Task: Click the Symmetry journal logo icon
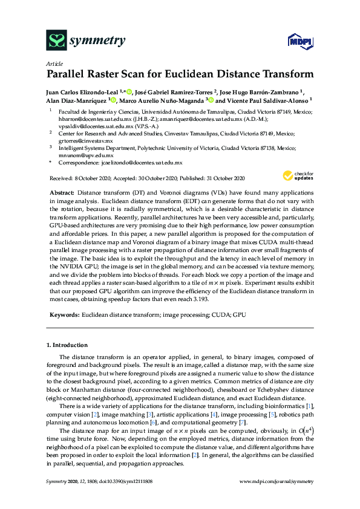point(56,41)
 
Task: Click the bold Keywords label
point(64,315)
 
